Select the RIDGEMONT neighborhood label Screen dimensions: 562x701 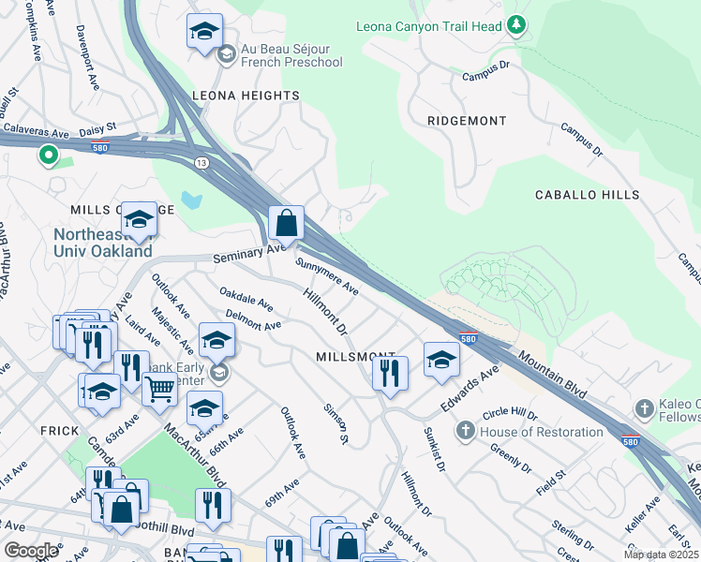467,121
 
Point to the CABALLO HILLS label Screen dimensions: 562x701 587,195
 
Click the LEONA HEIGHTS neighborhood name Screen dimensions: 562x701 246,96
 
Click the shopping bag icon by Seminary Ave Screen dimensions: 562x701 287,223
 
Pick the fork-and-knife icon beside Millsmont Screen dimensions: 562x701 390,372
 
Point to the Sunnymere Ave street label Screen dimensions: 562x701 327,276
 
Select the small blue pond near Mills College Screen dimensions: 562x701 192,200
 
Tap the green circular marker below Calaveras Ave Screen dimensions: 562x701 48,156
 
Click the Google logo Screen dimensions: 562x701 32,550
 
